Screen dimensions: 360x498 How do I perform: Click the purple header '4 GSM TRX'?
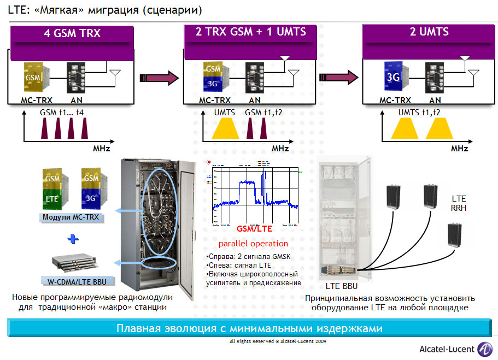coord(72,33)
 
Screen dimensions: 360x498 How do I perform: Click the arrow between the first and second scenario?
coord(159,78)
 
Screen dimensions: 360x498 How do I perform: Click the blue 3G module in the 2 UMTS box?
coord(393,78)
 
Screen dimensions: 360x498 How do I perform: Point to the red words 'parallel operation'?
coord(253,244)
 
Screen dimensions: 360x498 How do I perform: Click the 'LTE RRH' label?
coord(459,203)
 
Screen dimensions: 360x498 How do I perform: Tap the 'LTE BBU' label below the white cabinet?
coord(341,286)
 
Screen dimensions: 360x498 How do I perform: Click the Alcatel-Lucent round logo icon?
coord(484,348)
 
